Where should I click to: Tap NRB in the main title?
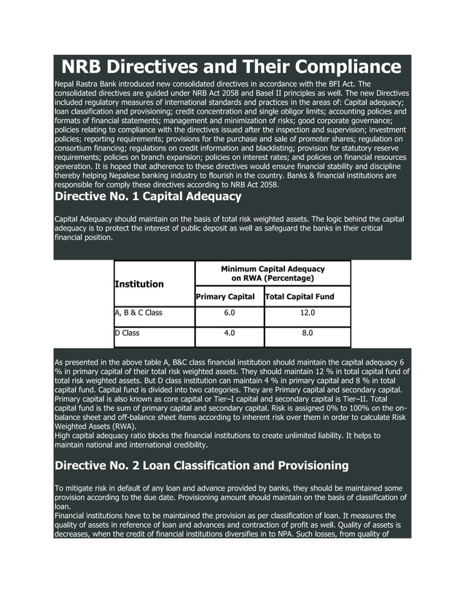click(85, 68)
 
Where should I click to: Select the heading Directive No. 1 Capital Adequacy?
click(148, 196)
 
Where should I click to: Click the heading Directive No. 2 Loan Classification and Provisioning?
click(202, 465)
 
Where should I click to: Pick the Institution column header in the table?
click(138, 284)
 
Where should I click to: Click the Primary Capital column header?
click(225, 297)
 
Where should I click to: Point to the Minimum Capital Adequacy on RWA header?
click(273, 274)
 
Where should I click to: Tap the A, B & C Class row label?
click(138, 313)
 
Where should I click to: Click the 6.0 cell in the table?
click(229, 313)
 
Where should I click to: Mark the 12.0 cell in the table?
click(307, 313)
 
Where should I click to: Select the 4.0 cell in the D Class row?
click(229, 333)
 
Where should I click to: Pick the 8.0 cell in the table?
click(307, 333)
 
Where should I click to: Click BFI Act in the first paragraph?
click(341, 85)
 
